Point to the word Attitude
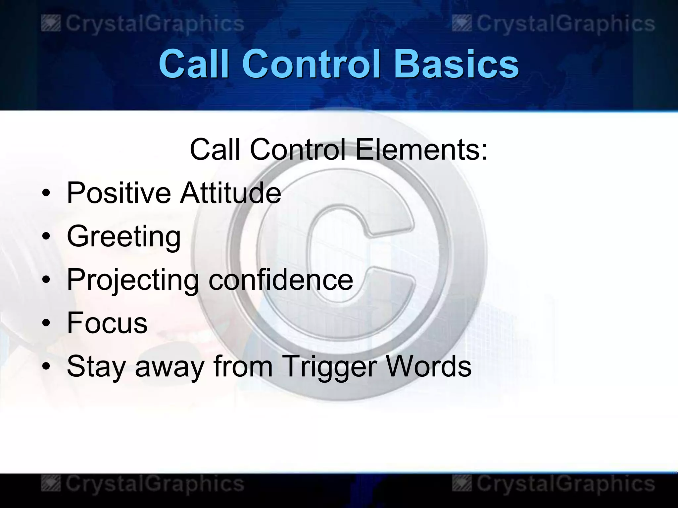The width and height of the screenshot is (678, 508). tap(230, 193)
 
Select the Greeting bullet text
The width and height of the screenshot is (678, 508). tap(124, 237)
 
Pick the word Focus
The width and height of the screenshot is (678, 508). tap(107, 323)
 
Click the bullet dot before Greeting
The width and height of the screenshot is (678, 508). tap(46, 236)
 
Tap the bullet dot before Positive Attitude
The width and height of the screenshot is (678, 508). tap(46, 193)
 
